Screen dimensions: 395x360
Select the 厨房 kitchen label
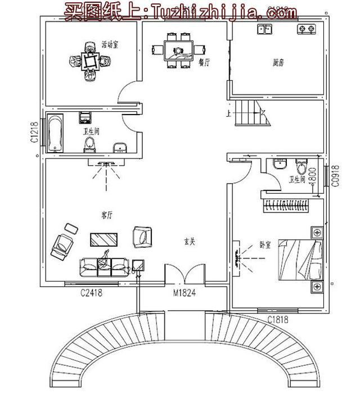pos(278,62)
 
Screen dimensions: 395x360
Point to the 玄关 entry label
pos(190,242)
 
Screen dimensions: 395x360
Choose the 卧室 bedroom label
pos(265,246)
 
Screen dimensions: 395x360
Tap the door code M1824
pos(184,293)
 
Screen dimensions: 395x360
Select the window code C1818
pos(278,320)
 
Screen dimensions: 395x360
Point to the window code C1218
pos(34,132)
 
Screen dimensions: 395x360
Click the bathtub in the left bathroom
pos(54,134)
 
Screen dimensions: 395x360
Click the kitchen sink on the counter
pos(265,28)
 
